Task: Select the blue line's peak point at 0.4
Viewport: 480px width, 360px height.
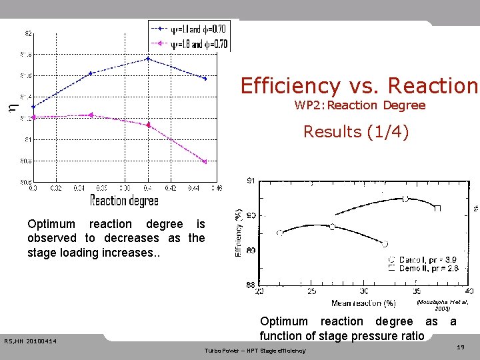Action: pos(148,59)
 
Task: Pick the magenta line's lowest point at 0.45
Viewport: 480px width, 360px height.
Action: pos(205,161)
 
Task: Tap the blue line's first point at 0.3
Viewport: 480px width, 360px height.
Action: pos(33,107)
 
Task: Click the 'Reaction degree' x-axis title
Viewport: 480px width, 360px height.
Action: pos(125,200)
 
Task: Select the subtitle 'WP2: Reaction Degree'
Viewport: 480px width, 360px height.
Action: pos(359,105)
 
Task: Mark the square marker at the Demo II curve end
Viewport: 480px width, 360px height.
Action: pos(437,209)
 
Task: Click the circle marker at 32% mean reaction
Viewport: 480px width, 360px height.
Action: pos(385,243)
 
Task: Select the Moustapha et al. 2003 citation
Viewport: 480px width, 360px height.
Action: pos(442,305)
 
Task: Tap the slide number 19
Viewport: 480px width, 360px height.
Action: pos(460,347)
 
